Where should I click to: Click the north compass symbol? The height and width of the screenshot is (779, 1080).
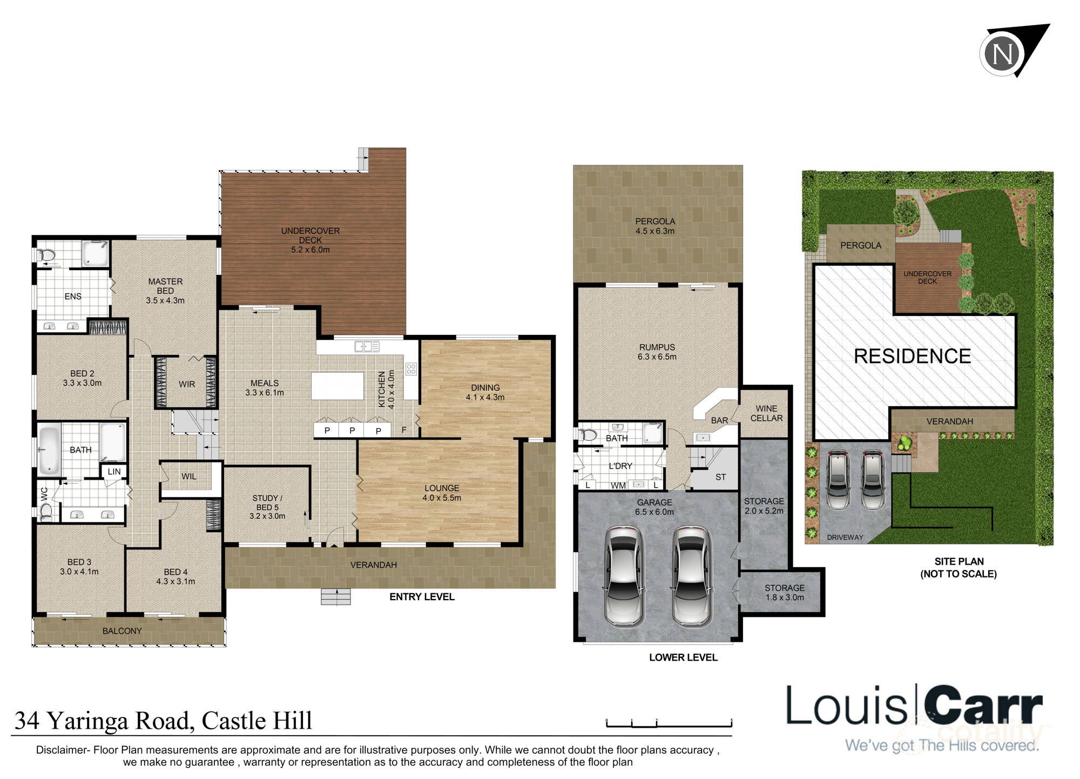point(1003,54)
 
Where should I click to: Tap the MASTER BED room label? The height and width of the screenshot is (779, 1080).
point(165,291)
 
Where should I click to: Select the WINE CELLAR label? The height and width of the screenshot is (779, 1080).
point(766,413)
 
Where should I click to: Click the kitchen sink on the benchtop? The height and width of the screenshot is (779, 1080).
point(367,346)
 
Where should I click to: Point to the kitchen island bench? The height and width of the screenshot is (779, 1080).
point(337,385)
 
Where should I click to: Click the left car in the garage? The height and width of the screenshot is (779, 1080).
point(623,576)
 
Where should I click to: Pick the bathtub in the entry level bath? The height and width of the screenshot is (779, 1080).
point(49,449)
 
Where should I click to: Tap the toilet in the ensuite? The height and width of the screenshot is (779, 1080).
point(48,254)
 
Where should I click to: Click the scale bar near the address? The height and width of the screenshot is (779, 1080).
point(669,723)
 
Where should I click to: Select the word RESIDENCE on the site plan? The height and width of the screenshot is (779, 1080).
point(912,357)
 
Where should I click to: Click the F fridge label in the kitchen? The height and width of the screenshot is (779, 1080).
point(404,430)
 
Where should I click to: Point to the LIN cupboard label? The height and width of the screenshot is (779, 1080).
point(114,472)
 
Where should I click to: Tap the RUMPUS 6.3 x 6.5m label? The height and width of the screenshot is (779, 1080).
point(657,352)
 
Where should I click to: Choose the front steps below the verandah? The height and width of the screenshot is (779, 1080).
point(336,596)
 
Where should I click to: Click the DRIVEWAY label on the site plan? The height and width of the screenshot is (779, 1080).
point(845,538)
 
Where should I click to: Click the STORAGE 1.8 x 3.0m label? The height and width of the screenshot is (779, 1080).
point(784,592)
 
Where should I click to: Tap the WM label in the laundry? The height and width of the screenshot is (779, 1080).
point(618,486)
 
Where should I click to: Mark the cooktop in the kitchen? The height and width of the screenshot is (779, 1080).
point(411,370)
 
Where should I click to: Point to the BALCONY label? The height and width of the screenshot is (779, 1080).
point(122,631)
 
